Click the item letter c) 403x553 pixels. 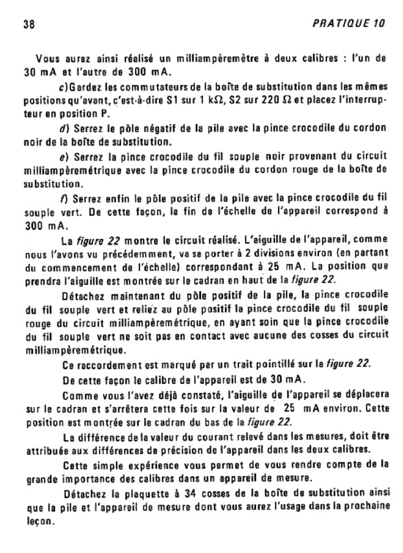pyautogui.click(x=62, y=87)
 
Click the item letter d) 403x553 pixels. pyautogui.click(x=62, y=129)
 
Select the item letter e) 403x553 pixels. pyautogui.click(x=62, y=157)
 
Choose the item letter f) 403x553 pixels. pyautogui.click(x=62, y=198)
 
